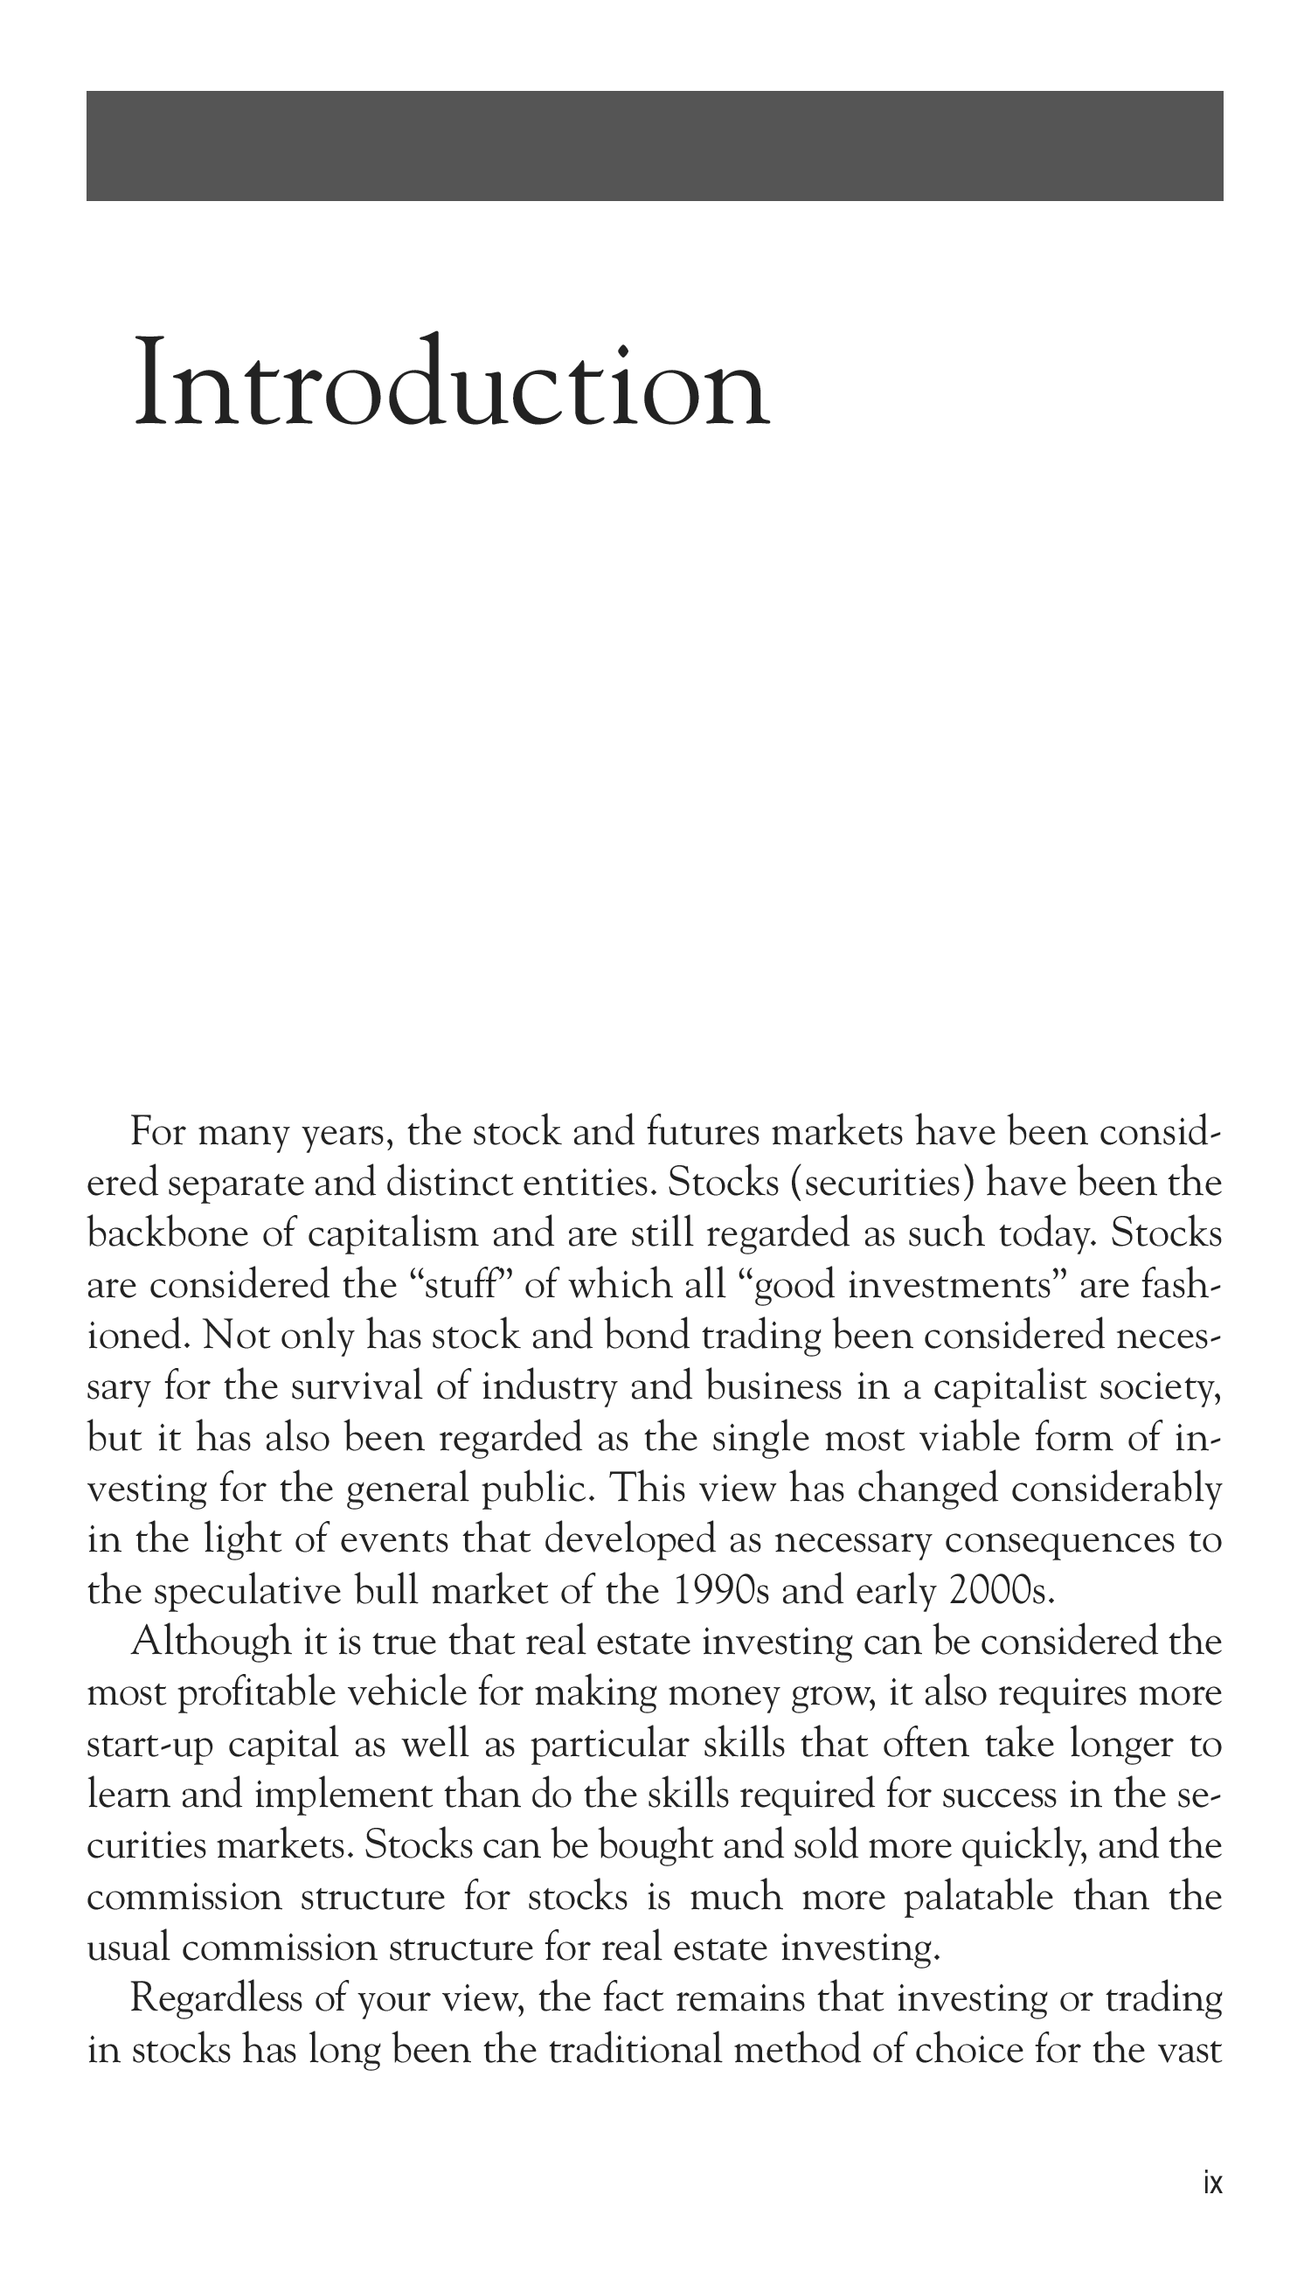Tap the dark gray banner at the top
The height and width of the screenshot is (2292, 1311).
pos(655,146)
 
